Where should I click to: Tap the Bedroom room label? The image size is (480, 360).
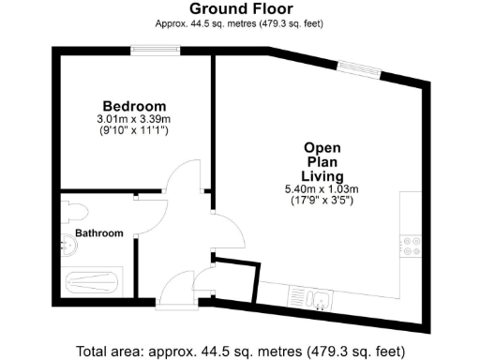coord(134,106)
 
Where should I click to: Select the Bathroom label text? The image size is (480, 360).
coord(99,232)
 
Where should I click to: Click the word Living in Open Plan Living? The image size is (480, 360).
coord(322,176)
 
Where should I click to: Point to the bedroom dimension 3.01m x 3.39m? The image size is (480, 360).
coord(134,120)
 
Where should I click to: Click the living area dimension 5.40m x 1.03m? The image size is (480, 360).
coord(322,189)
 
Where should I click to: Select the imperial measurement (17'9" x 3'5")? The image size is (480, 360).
coord(322,201)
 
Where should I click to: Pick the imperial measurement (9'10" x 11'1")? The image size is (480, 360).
coord(134,131)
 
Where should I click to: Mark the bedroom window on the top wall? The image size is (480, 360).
coord(149,50)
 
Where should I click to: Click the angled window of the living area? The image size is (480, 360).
coord(360,66)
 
